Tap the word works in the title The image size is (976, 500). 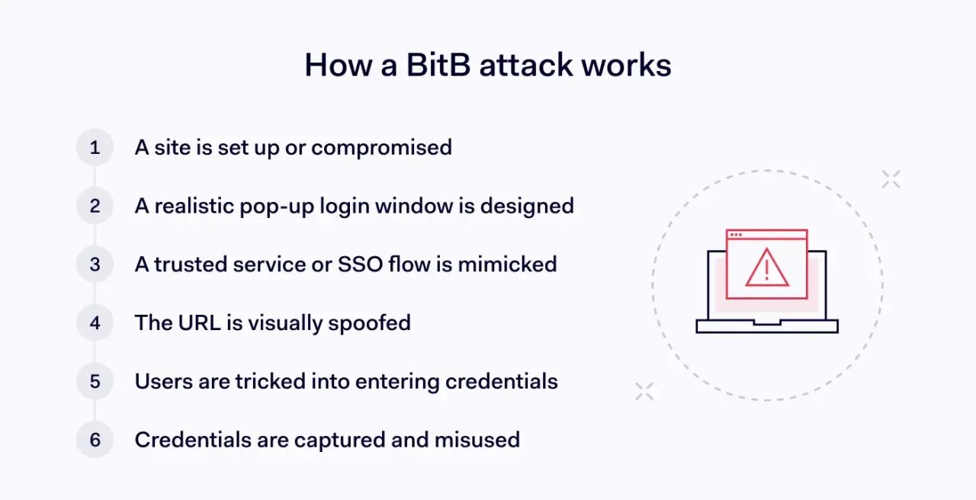pyautogui.click(x=626, y=65)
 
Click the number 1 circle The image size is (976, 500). pyautogui.click(x=95, y=147)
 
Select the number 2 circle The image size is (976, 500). pyautogui.click(x=95, y=206)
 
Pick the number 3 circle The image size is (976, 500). pyautogui.click(x=95, y=264)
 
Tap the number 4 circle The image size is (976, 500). pyautogui.click(x=95, y=322)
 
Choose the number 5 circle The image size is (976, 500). pyautogui.click(x=95, y=381)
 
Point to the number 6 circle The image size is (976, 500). pyautogui.click(x=95, y=440)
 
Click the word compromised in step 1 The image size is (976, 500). pyautogui.click(x=381, y=147)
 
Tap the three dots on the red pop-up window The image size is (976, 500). pyautogui.click(x=736, y=235)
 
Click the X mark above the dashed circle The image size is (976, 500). pyautogui.click(x=891, y=179)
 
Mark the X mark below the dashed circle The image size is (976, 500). pyautogui.click(x=644, y=391)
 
